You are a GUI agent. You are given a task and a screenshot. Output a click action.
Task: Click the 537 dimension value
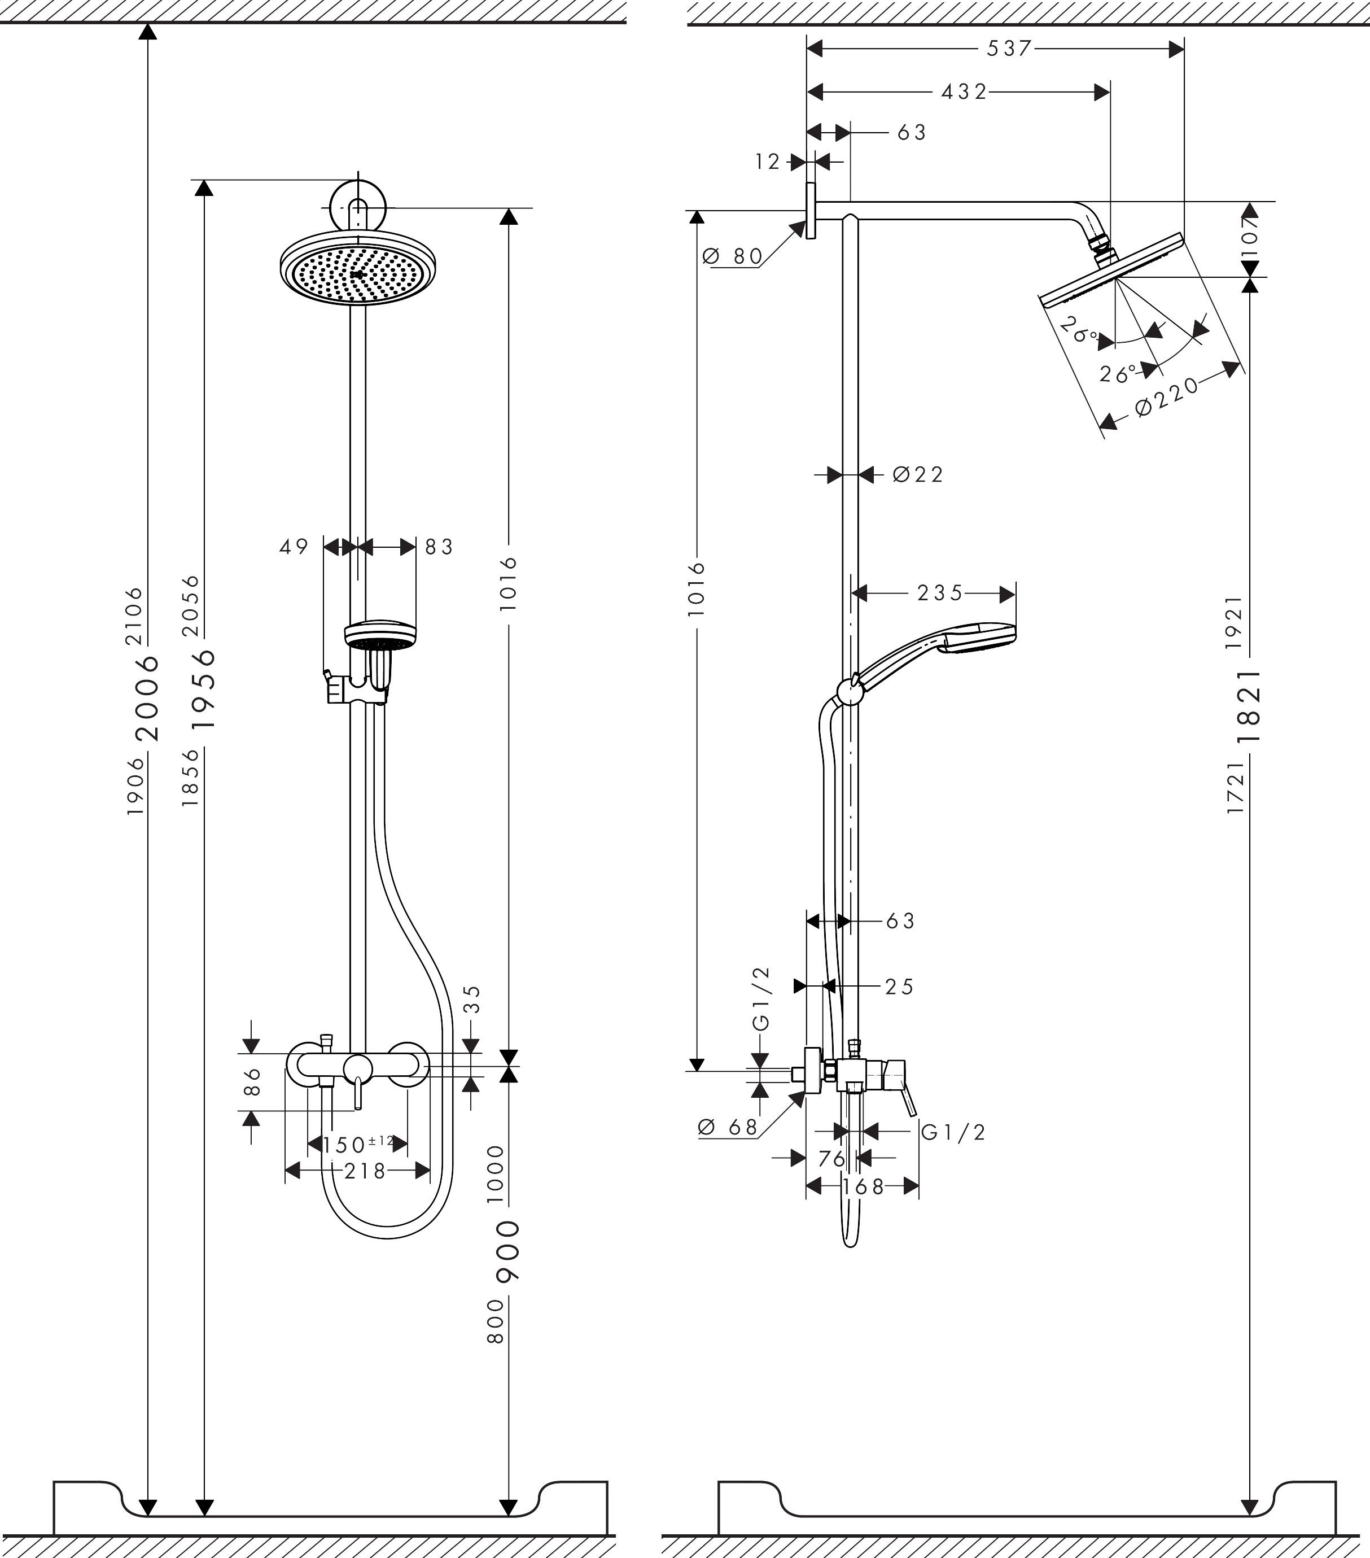click(1008, 49)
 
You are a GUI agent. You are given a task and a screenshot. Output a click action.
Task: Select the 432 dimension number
click(964, 92)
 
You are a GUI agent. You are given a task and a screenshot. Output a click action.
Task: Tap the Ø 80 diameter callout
click(732, 257)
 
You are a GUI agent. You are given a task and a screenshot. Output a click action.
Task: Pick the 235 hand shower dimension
click(939, 593)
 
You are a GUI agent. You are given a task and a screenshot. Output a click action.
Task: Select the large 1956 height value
click(203, 689)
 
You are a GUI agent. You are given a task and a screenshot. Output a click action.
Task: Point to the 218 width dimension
click(364, 1171)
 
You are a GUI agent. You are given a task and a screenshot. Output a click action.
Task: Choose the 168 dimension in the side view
click(863, 1187)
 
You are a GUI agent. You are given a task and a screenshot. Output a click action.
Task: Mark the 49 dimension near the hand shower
click(294, 547)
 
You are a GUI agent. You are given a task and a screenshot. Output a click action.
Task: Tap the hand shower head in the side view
click(977, 637)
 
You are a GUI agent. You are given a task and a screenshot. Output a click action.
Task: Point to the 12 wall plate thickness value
click(767, 162)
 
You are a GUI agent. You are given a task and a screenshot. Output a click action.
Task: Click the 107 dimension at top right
click(1250, 229)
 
